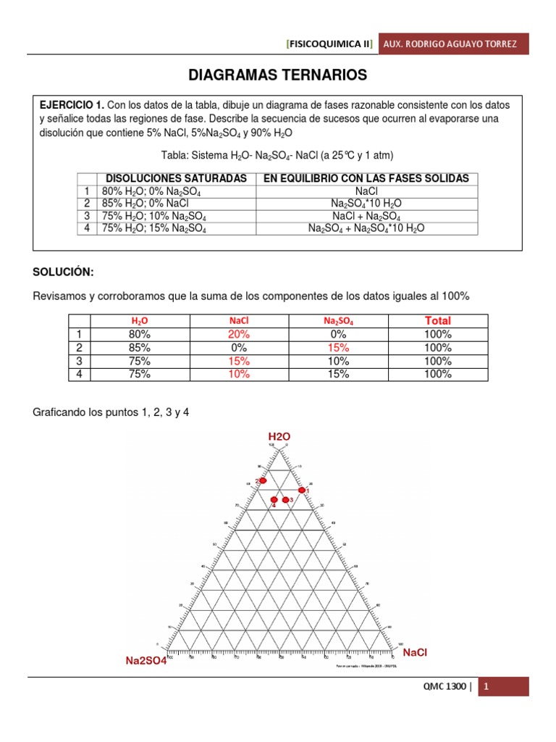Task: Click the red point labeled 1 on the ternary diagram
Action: pyautogui.click(x=303, y=491)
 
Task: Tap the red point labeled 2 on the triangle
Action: pyautogui.click(x=264, y=480)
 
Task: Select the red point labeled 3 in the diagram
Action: pyautogui.click(x=286, y=500)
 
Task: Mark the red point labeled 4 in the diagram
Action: pyautogui.click(x=274, y=500)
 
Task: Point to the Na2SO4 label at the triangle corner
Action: pyautogui.click(x=146, y=660)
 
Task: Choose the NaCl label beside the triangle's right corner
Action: pyautogui.click(x=416, y=653)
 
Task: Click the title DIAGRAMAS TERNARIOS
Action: pyautogui.click(x=278, y=75)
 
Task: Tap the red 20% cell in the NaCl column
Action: pyautogui.click(x=239, y=334)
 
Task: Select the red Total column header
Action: pyautogui.click(x=438, y=320)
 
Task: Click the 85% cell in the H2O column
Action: pyautogui.click(x=139, y=348)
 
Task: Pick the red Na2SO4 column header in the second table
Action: pyautogui.click(x=338, y=320)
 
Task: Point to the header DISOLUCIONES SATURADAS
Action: pyautogui.click(x=177, y=178)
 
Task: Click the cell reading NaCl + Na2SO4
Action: pyautogui.click(x=367, y=215)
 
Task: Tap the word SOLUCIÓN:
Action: pyautogui.click(x=64, y=271)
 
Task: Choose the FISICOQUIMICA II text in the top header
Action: pyautogui.click(x=330, y=44)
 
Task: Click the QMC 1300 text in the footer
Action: pyautogui.click(x=442, y=687)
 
